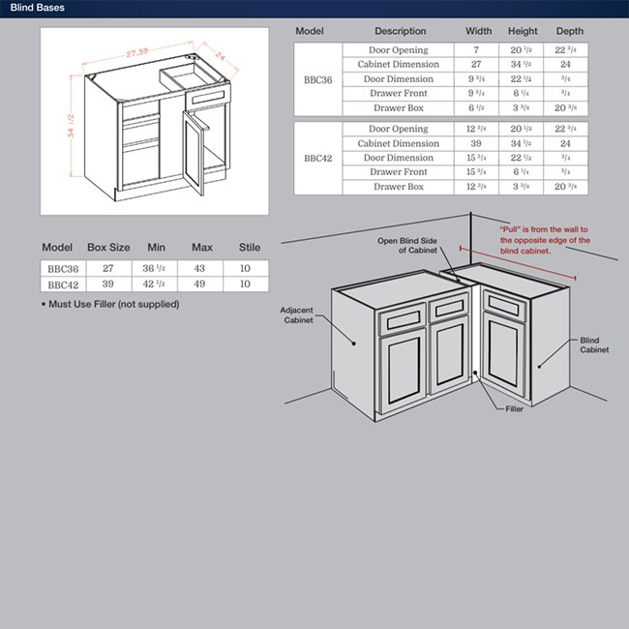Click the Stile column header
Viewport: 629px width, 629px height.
pyautogui.click(x=249, y=248)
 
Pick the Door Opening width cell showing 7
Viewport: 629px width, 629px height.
pyautogui.click(x=476, y=49)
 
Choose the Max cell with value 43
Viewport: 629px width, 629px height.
pyautogui.click(x=201, y=269)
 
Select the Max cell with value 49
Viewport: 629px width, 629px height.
pyautogui.click(x=201, y=284)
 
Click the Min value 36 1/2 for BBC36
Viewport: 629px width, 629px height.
pyautogui.click(x=154, y=269)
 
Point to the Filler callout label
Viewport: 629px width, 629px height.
pyautogui.click(x=514, y=409)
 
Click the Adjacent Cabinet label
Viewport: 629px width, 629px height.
pyautogui.click(x=296, y=315)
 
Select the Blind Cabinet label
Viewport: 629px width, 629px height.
pyautogui.click(x=593, y=345)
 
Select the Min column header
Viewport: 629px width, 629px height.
pyautogui.click(x=155, y=248)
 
